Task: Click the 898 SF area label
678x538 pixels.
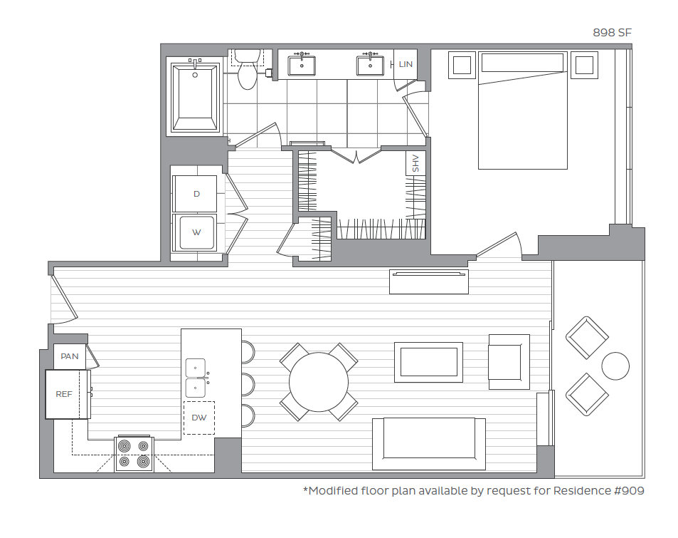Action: (x=612, y=33)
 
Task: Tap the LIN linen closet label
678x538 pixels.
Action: (x=406, y=64)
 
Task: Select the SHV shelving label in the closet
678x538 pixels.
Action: (x=415, y=163)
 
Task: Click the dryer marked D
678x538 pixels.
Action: (x=196, y=194)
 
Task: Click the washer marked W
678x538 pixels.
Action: (x=196, y=232)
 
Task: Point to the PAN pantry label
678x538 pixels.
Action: (x=70, y=356)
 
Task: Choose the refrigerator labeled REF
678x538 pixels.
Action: (x=65, y=394)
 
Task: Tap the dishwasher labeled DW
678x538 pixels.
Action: (x=199, y=418)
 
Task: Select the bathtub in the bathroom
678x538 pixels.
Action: (x=195, y=97)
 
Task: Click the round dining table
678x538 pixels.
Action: (x=319, y=381)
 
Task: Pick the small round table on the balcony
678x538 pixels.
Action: (x=615, y=366)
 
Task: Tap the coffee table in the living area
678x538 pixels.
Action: (x=428, y=362)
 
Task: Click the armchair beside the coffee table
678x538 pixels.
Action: (x=508, y=361)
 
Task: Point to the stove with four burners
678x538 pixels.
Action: (x=134, y=453)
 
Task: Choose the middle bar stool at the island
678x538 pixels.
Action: (x=247, y=383)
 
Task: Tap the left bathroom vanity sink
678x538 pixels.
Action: (x=303, y=66)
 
